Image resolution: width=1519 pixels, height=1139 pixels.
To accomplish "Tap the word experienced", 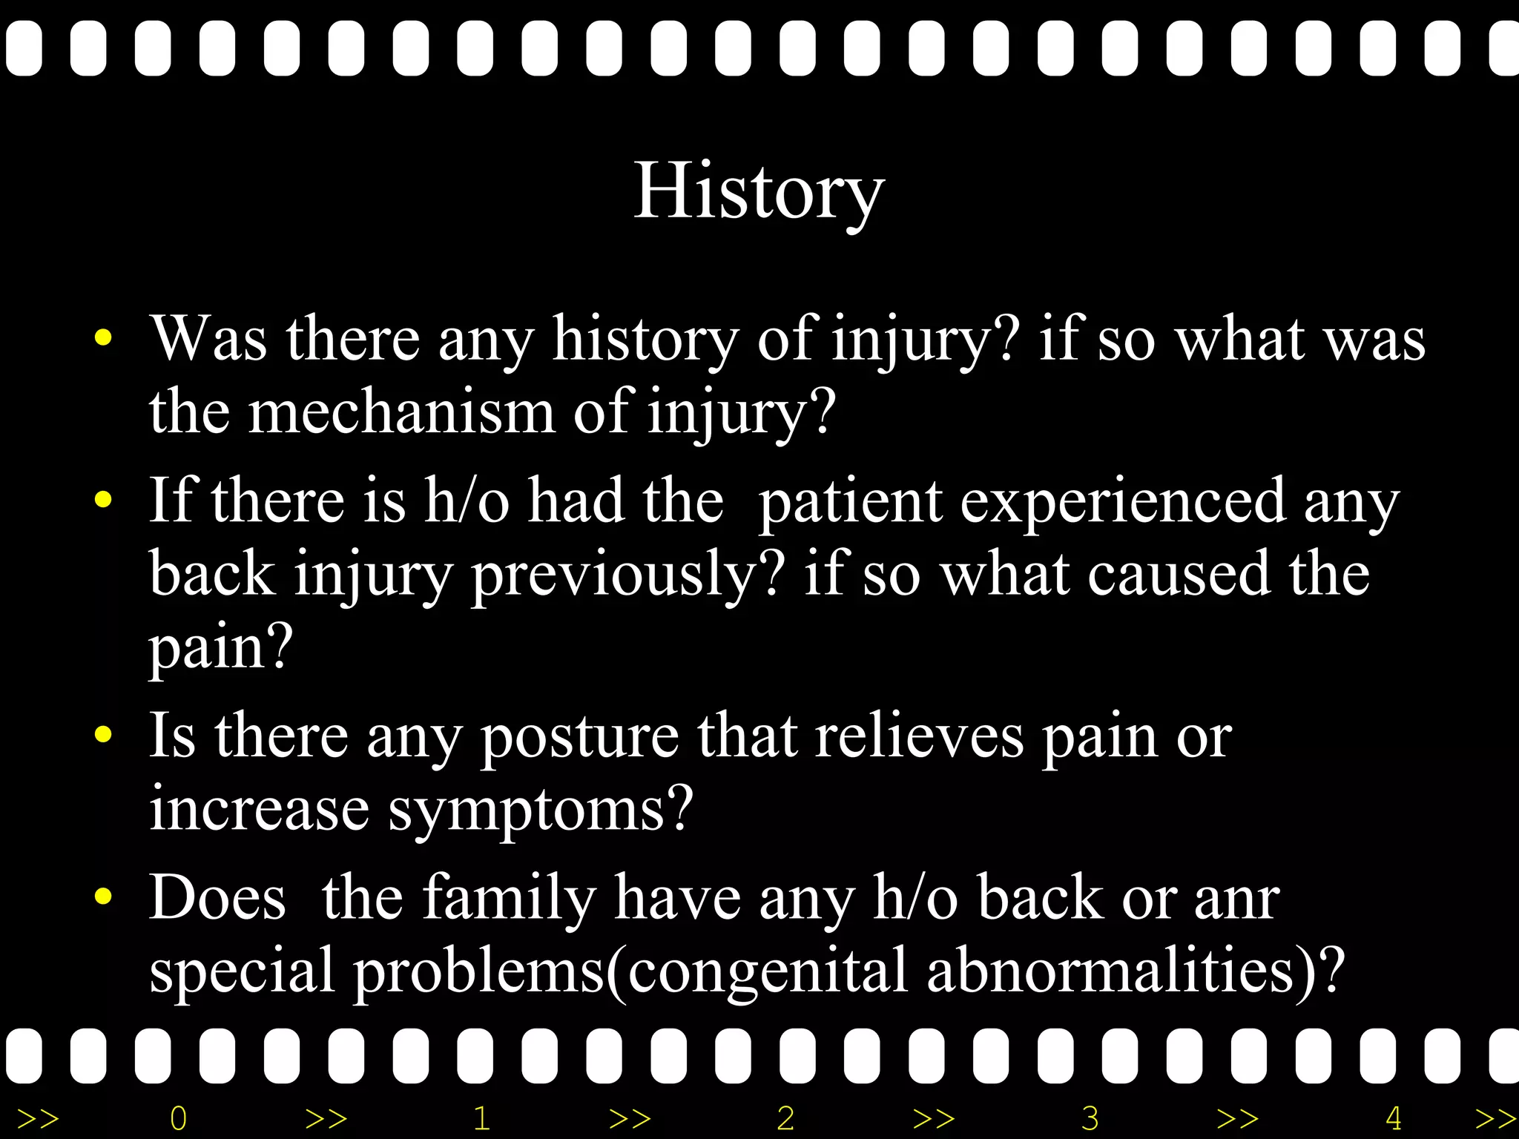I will coord(1123,501).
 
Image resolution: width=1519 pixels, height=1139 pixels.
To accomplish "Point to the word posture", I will coord(579,736).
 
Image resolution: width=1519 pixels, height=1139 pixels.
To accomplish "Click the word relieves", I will coord(919,736).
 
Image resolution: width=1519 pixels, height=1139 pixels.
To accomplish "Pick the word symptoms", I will coord(540,809).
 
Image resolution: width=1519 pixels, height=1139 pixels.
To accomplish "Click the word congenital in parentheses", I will coord(768,971).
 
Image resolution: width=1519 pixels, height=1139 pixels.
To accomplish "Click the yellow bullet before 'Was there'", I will coord(103,340).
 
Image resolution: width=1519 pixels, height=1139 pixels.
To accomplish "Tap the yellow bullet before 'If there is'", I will coord(103,501).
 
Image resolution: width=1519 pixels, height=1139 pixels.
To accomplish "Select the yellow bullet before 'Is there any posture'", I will coord(103,736).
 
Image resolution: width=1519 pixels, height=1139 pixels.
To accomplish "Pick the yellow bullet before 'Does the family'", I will coord(103,897).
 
